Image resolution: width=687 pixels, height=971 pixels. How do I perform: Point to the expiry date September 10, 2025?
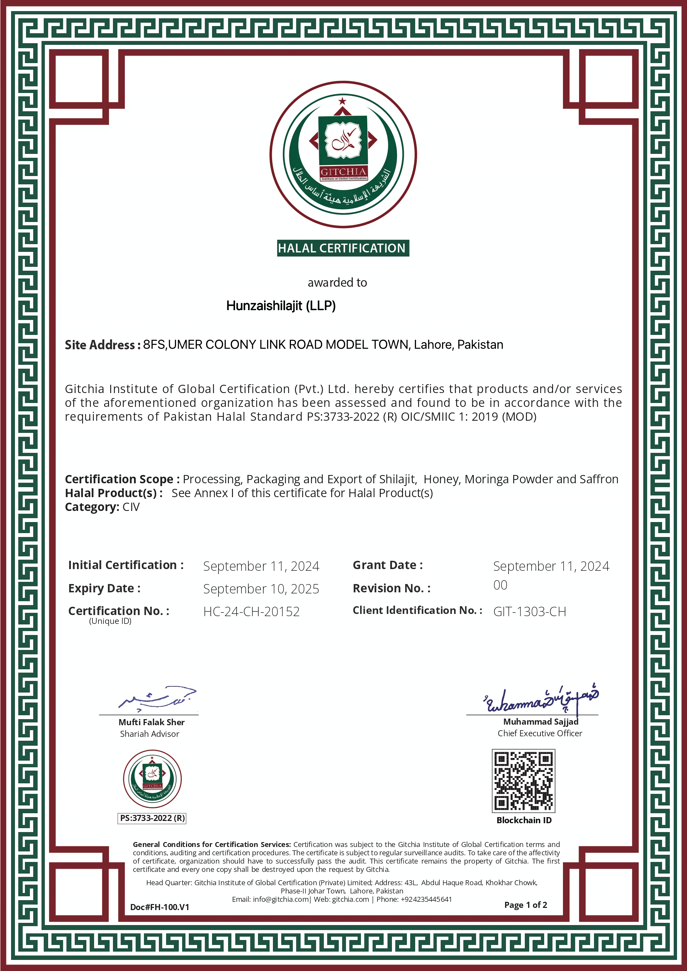[x=261, y=589]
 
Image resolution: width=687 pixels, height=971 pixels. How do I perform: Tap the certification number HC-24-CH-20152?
[x=251, y=611]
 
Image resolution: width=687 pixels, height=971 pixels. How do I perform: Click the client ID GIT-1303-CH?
[x=530, y=611]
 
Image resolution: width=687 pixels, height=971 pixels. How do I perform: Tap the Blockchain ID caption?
[x=524, y=820]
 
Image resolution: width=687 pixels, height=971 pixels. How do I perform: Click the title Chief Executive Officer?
[x=540, y=733]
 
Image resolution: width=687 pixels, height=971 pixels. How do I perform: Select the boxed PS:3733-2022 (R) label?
[x=152, y=818]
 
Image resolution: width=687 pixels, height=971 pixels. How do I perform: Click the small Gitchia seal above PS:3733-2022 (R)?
[x=152, y=779]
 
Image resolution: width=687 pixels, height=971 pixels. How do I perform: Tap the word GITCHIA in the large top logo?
[x=343, y=172]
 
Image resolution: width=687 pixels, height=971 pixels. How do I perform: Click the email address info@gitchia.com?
[x=280, y=899]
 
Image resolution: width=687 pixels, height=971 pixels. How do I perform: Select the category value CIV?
[x=131, y=507]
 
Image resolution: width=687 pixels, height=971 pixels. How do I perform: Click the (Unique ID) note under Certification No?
[x=110, y=621]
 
